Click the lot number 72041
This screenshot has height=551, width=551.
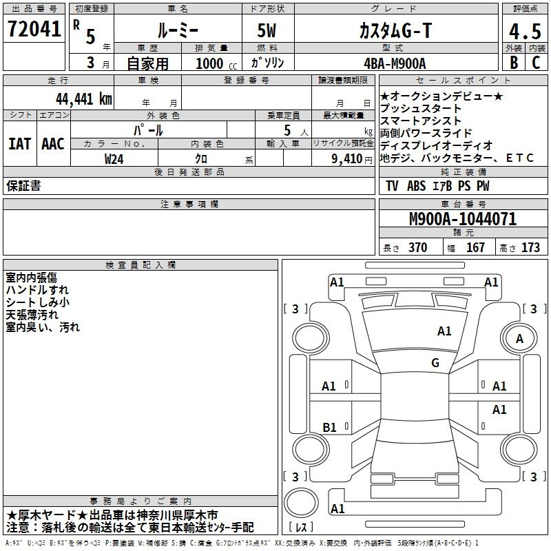point(34,29)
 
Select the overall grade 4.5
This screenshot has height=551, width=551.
point(525,31)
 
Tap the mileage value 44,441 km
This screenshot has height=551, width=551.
point(83,99)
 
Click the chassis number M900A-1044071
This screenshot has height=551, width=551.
point(463,219)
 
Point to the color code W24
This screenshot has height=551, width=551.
point(114,159)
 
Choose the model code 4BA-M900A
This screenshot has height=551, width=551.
point(395,63)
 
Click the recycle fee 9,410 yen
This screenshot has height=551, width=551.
point(351,159)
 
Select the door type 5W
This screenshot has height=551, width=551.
point(267,30)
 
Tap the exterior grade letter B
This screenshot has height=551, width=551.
point(514,63)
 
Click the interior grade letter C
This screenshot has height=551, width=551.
point(536,63)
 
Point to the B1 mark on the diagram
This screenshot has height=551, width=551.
point(329,427)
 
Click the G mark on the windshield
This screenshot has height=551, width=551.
point(435,362)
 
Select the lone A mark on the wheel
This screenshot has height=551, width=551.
point(519,339)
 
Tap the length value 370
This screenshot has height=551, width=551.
point(417,247)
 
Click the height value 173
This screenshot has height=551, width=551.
point(530,247)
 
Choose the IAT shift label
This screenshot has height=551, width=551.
point(19,144)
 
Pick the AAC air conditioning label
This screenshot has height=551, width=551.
point(53,144)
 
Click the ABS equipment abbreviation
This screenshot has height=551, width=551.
point(416,186)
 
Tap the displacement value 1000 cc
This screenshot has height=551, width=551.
point(216,63)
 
